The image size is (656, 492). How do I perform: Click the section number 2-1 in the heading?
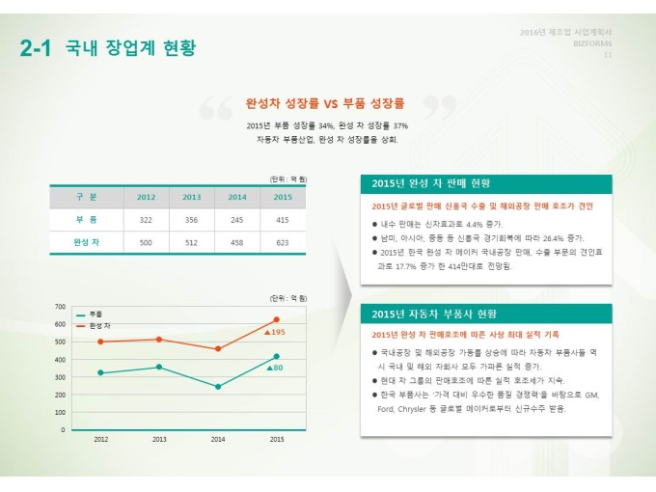point(35,48)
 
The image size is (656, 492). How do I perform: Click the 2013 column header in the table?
point(191,197)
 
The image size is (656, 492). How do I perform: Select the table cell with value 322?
point(146,220)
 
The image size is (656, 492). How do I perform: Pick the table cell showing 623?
point(282,243)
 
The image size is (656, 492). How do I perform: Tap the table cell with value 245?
point(236,220)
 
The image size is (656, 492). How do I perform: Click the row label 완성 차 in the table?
point(87,243)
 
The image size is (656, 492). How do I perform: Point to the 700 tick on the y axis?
point(60,306)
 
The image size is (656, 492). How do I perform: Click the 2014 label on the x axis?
point(218,439)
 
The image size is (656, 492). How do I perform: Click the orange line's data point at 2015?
point(277,319)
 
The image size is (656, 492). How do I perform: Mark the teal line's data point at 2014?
point(218,387)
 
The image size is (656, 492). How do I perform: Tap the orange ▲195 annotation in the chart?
point(274,332)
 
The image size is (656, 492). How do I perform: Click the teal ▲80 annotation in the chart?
point(274,368)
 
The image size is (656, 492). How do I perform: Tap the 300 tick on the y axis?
point(60,377)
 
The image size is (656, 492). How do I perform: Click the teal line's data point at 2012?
point(100,372)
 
